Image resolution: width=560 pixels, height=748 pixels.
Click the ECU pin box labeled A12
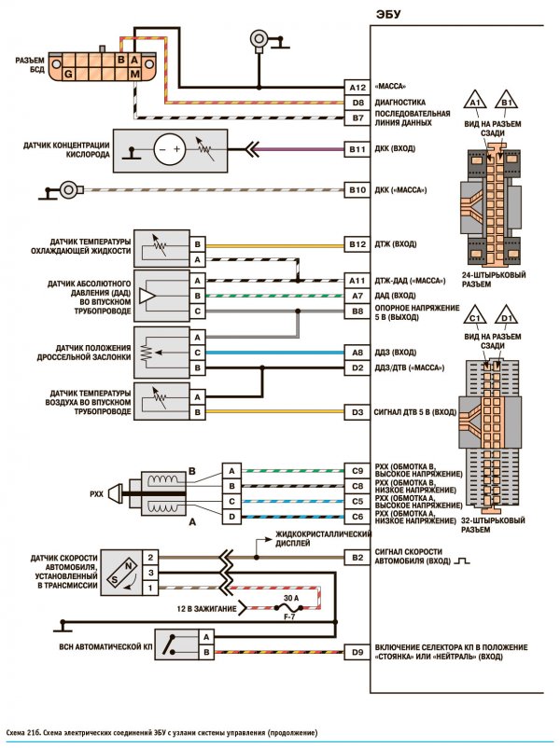[x=357, y=88]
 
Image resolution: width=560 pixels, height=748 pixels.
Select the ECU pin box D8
[x=357, y=103]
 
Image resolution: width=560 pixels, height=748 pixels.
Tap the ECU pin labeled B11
[x=357, y=149]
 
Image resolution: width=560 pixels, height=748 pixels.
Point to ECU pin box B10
[x=357, y=190]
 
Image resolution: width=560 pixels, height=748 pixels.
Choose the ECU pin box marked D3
[x=357, y=412]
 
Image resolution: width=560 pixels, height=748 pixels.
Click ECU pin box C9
[x=357, y=471]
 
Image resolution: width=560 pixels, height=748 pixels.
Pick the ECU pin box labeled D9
[x=357, y=652]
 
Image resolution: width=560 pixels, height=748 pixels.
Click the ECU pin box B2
[x=357, y=557]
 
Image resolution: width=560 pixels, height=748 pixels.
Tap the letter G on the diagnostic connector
[x=69, y=74]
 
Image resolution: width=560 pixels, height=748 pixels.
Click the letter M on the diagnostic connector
[x=135, y=74]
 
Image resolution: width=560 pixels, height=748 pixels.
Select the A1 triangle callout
[x=474, y=101]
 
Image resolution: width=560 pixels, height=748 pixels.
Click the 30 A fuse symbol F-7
[x=288, y=607]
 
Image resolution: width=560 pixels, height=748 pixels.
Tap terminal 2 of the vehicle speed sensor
[x=150, y=557]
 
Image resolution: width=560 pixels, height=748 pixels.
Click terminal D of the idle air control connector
[x=231, y=517]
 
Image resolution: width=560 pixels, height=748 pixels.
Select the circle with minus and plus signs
[x=170, y=149]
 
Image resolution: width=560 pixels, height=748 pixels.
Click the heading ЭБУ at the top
[x=387, y=14]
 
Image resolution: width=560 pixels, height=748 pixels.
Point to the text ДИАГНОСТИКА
[x=399, y=103]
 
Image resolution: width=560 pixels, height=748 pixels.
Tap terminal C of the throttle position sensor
[x=197, y=353]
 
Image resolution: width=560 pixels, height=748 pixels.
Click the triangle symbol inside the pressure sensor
[x=147, y=297]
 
